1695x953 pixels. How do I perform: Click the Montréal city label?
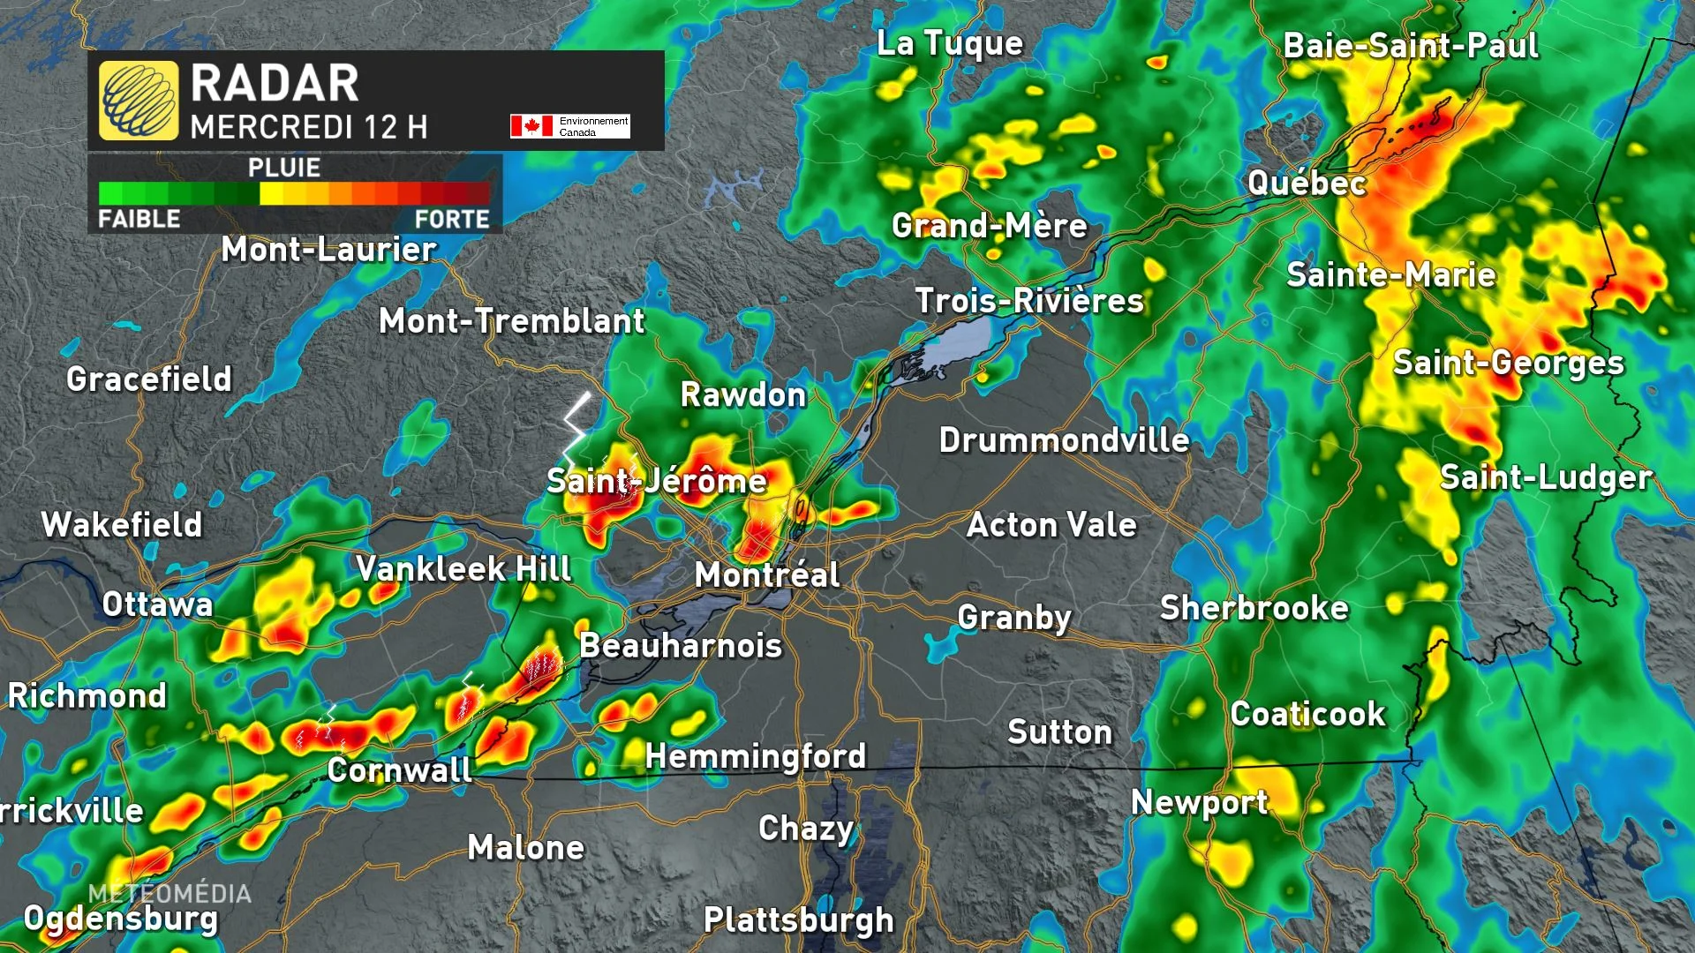pyautogui.click(x=766, y=575)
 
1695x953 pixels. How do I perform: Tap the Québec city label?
pyautogui.click(x=1307, y=184)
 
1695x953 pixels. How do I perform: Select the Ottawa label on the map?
pyautogui.click(x=157, y=604)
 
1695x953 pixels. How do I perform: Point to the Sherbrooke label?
pyautogui.click(x=1254, y=608)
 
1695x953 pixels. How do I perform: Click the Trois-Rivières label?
pyautogui.click(x=1028, y=301)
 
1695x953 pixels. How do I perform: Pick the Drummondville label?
pyautogui.click(x=1064, y=439)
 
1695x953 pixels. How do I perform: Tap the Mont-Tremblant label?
pyautogui.click(x=511, y=321)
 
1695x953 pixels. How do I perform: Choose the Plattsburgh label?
pyautogui.click(x=798, y=919)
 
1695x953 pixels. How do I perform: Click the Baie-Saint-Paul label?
pyautogui.click(x=1410, y=46)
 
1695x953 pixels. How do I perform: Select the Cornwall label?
pyautogui.click(x=399, y=770)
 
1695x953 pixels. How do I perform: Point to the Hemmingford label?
pyautogui.click(x=756, y=756)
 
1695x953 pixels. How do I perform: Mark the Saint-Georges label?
pyautogui.click(x=1508, y=363)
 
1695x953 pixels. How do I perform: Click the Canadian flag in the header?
pyautogui.click(x=531, y=126)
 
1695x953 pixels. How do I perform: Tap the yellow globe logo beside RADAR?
pyautogui.click(x=139, y=101)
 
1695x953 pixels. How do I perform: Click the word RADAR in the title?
pyautogui.click(x=275, y=84)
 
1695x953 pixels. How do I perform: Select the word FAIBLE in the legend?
pyautogui.click(x=139, y=219)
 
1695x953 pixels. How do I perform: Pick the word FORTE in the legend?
pyautogui.click(x=452, y=219)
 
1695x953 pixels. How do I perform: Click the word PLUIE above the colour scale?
pyautogui.click(x=283, y=168)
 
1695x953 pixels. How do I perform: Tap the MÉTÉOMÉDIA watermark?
pyautogui.click(x=169, y=893)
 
